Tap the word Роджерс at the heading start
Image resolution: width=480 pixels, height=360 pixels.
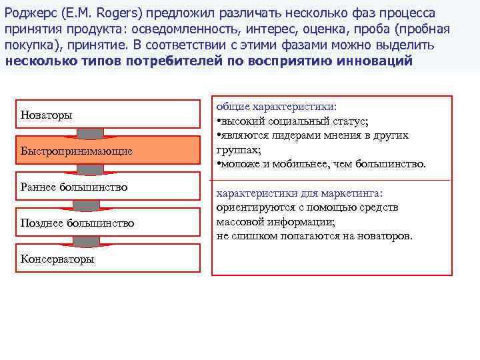tap(27, 13)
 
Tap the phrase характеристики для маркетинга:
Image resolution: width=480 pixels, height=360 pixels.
tap(299, 193)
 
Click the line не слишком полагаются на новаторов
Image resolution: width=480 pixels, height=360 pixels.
tap(315, 236)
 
